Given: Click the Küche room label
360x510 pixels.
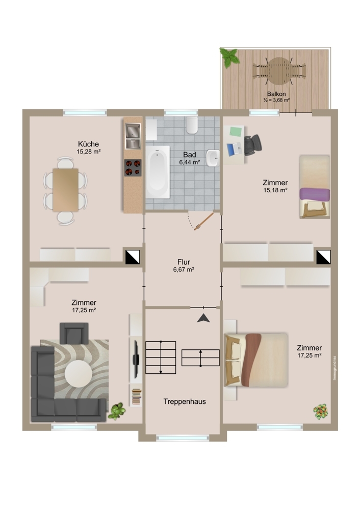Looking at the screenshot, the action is (x=88, y=144).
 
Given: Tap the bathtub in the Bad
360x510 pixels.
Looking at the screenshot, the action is (x=158, y=172).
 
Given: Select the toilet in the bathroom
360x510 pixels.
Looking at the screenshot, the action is (x=192, y=125).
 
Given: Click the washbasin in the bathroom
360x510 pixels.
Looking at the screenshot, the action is (x=213, y=158).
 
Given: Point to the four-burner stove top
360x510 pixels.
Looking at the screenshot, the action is (x=133, y=167).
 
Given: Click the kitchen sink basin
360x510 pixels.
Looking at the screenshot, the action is (x=133, y=131).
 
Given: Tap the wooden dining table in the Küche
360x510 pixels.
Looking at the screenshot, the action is (x=66, y=190).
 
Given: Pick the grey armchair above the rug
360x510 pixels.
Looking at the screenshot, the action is (x=74, y=334).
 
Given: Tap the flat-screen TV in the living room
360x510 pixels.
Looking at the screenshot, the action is (x=136, y=359).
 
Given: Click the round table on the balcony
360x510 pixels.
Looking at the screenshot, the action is (x=279, y=70).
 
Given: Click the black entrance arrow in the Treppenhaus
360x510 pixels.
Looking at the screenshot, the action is (x=203, y=318).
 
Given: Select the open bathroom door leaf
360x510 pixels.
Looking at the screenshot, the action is (x=204, y=221).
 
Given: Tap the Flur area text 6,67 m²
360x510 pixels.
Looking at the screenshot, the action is (x=184, y=269).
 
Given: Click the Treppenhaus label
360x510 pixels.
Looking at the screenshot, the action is (x=185, y=402).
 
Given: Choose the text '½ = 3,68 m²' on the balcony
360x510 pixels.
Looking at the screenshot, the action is (x=277, y=100).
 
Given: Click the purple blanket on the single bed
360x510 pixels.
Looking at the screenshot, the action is (x=315, y=194).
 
